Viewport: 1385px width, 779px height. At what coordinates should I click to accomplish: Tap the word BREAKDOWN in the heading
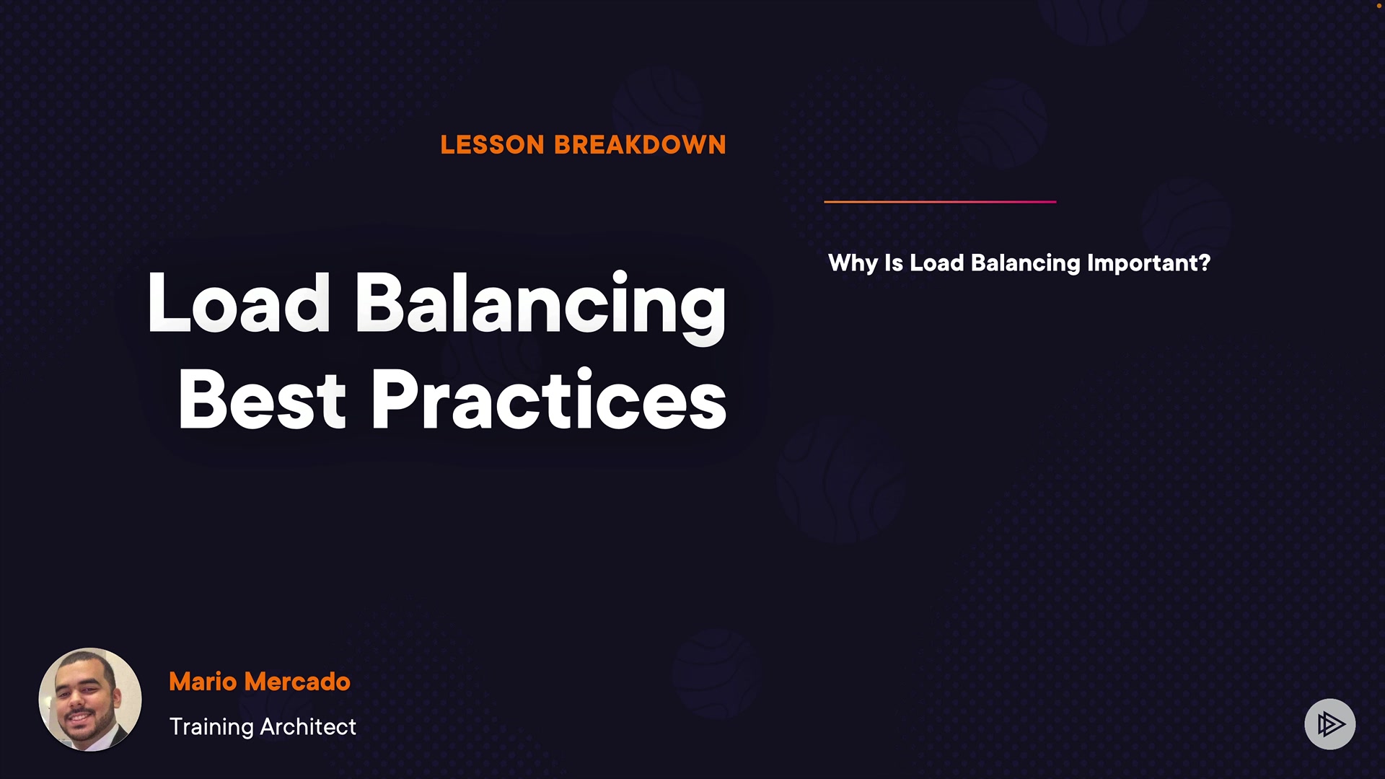(x=640, y=145)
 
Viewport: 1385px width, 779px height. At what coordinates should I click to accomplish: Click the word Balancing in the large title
(x=540, y=307)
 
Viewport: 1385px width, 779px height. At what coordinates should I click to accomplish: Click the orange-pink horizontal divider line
(x=940, y=202)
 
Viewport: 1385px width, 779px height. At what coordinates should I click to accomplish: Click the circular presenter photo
(x=90, y=700)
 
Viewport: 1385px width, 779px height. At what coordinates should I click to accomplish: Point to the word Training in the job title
(x=211, y=728)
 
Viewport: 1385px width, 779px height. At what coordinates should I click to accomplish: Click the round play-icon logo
(x=1330, y=724)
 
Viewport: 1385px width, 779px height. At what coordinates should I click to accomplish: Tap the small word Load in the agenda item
(x=937, y=263)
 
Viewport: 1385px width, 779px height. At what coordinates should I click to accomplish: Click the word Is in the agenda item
(x=894, y=263)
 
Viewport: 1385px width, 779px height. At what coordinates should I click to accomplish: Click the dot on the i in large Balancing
(x=619, y=277)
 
